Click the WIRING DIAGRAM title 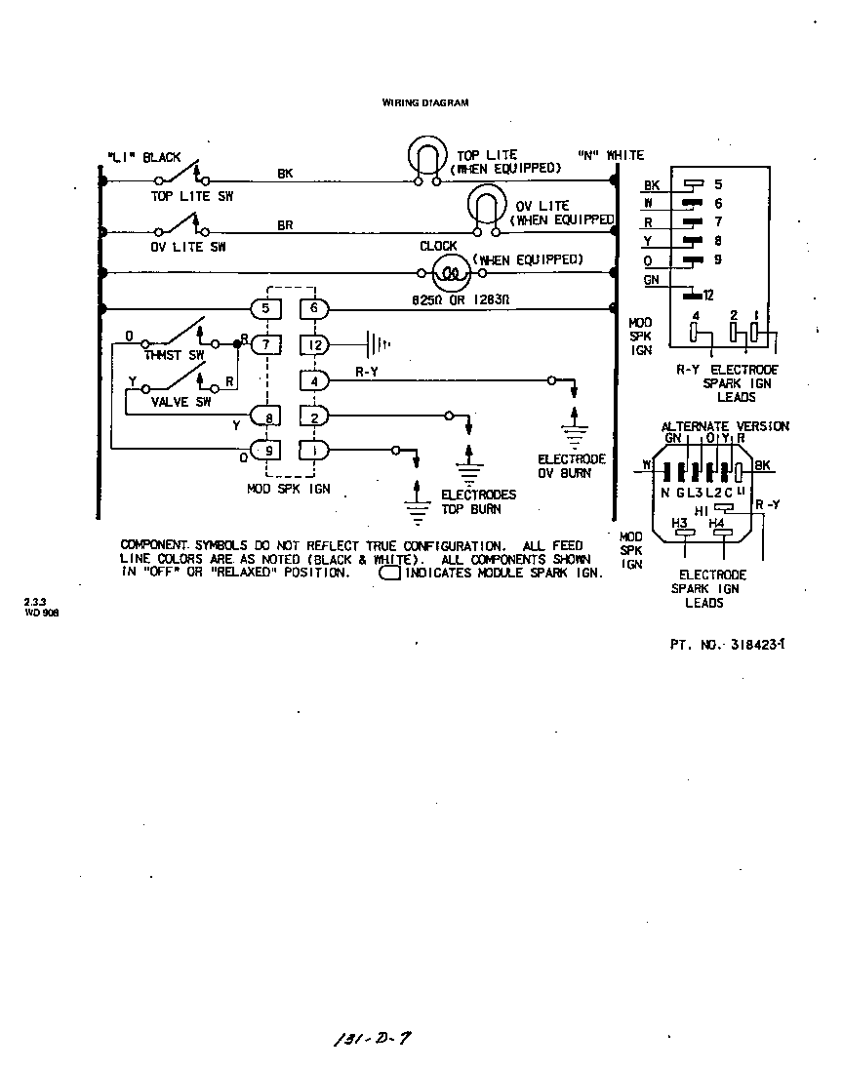424,101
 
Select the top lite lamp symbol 425,158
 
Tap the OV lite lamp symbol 487,208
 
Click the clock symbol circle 452,273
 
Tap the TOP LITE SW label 191,196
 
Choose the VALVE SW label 181,401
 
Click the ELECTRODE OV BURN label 572,466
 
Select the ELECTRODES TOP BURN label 478,501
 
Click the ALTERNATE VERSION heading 725,426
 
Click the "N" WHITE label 611,155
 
